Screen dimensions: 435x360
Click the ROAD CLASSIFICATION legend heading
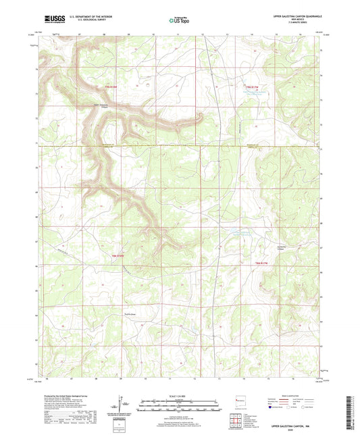(x=275, y=396)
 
